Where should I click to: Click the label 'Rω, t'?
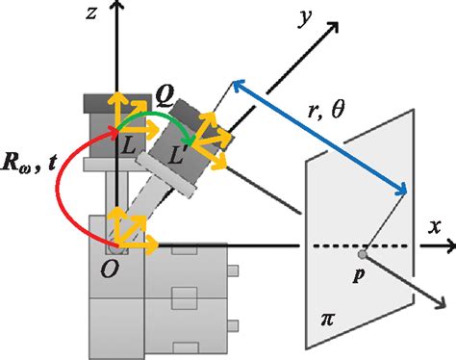tap(27, 177)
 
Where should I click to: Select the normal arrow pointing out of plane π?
tap(404, 288)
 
